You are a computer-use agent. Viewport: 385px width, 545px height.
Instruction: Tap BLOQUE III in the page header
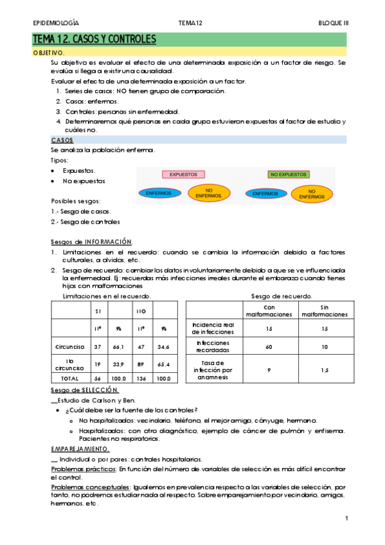[334, 23]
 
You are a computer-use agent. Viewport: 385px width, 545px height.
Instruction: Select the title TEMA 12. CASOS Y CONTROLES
[94, 40]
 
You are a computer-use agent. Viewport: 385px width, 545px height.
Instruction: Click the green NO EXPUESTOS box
[289, 174]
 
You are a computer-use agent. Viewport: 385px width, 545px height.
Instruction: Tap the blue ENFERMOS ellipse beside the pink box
[159, 193]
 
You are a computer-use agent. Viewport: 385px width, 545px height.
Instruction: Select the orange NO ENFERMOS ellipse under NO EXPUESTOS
[312, 193]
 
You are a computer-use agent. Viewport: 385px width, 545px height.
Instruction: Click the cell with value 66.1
[119, 347]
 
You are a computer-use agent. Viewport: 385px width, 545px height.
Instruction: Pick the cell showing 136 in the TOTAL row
[142, 379]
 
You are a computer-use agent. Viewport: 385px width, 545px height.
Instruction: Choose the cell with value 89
[142, 364]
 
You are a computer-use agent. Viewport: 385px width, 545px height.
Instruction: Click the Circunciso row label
[70, 347]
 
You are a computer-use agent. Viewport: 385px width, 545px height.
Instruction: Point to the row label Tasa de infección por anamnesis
[212, 371]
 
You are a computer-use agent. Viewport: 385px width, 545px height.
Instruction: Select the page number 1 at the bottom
[346, 518]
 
